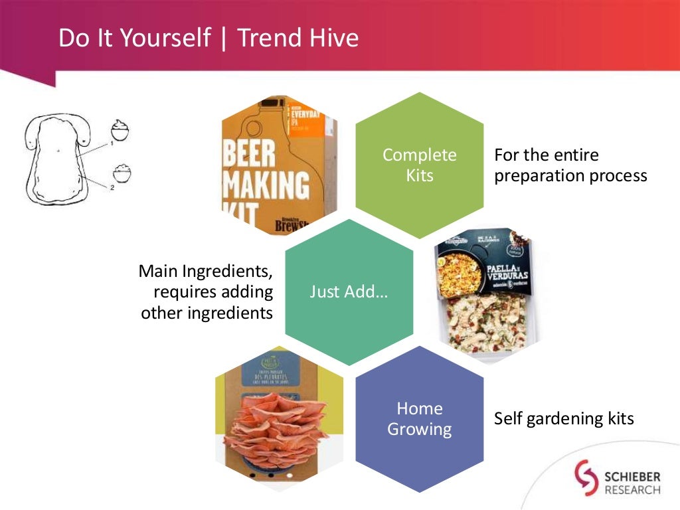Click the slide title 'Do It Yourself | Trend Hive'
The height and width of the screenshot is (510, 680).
pyautogui.click(x=209, y=38)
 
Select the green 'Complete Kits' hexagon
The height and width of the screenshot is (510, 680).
pyautogui.click(x=420, y=165)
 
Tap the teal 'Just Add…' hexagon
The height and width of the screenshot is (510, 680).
pyautogui.click(x=349, y=292)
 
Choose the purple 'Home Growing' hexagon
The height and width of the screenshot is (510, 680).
pyautogui.click(x=420, y=419)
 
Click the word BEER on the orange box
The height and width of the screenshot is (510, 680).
pyautogui.click(x=248, y=154)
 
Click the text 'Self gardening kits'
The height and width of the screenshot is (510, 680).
pyautogui.click(x=564, y=419)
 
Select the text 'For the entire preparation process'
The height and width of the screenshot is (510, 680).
pyautogui.click(x=570, y=165)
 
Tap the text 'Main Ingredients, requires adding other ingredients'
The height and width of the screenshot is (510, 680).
pyautogui.click(x=207, y=292)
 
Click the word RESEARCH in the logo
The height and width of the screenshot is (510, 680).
pyautogui.click(x=632, y=490)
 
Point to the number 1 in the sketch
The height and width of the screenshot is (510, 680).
pyautogui.click(x=112, y=142)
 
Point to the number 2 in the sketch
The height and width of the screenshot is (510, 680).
pyautogui.click(x=112, y=188)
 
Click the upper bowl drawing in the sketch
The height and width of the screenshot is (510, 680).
pyautogui.click(x=120, y=128)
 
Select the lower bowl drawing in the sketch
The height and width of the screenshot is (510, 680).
pyautogui.click(x=122, y=174)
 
